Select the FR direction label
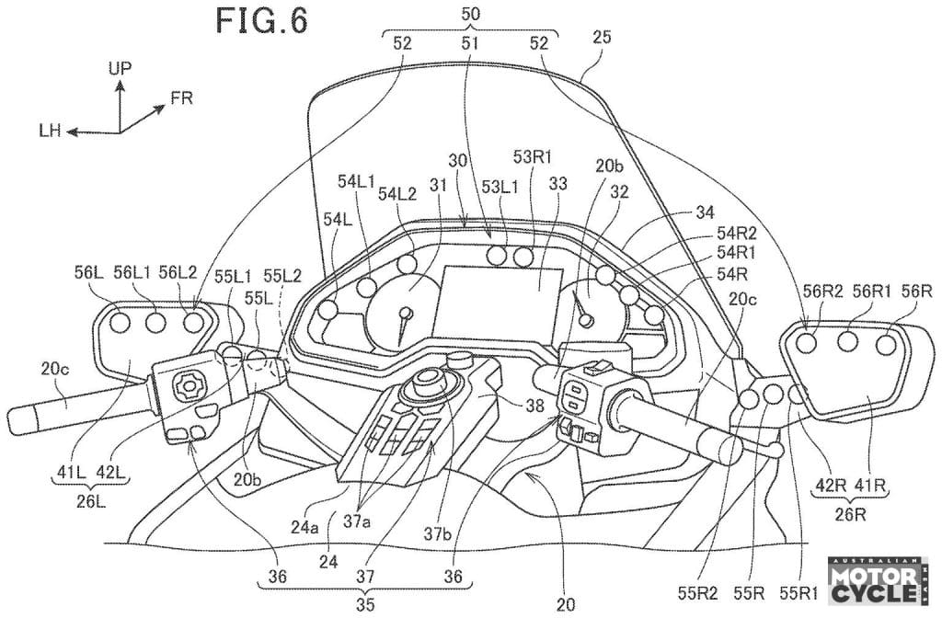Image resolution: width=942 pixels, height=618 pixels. (x=181, y=97)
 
